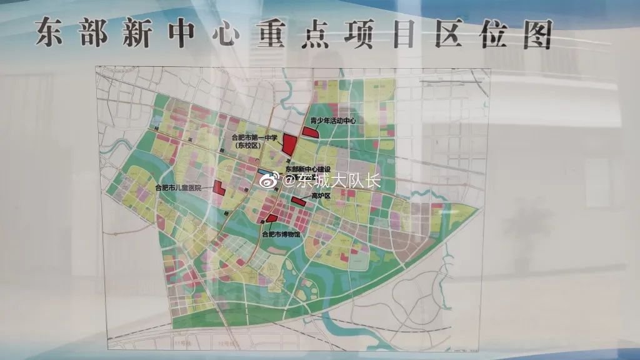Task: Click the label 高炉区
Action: [321, 196]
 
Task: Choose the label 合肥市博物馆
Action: [281, 235]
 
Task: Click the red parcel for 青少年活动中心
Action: [310, 132]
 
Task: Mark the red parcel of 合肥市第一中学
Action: [289, 144]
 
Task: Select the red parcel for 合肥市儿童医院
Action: [218, 187]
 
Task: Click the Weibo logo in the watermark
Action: [270, 181]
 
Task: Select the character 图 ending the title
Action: [536, 34]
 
